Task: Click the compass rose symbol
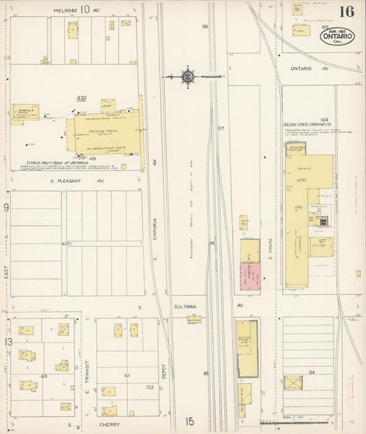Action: pos(187,76)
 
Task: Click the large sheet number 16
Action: pos(346,12)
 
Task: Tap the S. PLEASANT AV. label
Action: pos(76,181)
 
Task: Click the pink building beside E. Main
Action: pos(249,279)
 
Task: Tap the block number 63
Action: pos(126,376)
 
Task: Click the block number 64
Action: pos(311,372)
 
